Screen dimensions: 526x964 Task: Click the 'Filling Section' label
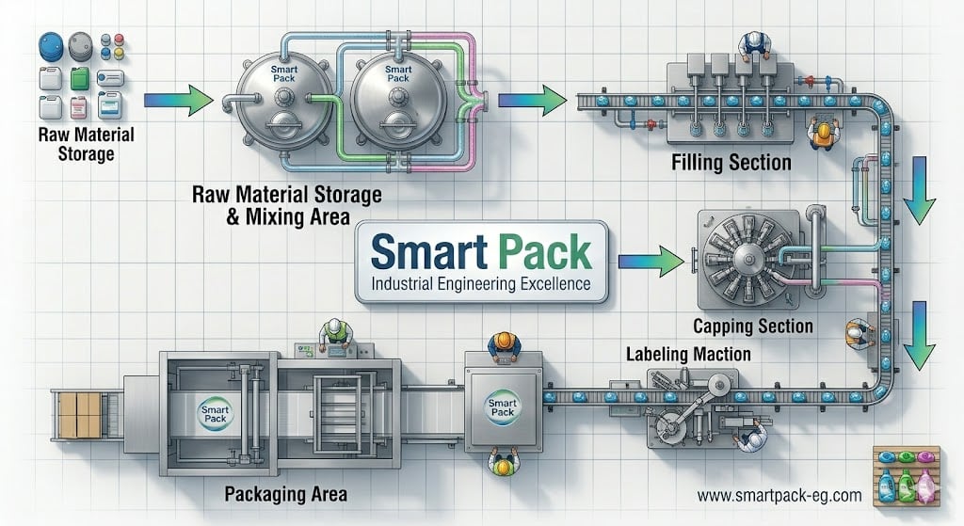coord(731,164)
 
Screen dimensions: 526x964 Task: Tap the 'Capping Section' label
coord(752,327)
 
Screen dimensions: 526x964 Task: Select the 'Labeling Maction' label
coord(688,356)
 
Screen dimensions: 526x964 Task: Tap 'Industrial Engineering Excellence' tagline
coord(481,283)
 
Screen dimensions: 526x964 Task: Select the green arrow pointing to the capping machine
coord(656,259)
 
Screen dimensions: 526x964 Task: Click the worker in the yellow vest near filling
coord(822,134)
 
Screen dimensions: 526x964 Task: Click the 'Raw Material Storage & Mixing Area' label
coord(286,206)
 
